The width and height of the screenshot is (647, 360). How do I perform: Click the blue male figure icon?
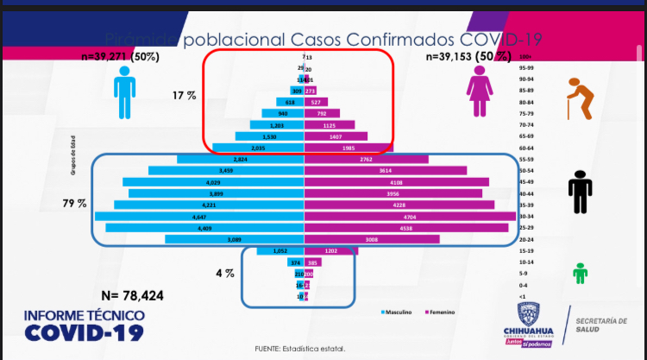coord(126,92)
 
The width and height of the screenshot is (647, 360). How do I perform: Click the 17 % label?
coord(185,96)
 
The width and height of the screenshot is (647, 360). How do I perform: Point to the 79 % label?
coord(76,204)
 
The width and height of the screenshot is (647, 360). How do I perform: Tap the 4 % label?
coord(224,274)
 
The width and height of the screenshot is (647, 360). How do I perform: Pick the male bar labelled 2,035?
coord(258,148)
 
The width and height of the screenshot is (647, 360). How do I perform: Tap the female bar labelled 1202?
coord(331,250)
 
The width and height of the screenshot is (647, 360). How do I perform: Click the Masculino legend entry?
coord(398,312)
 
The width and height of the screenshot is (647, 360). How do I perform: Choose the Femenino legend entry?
coord(440,312)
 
